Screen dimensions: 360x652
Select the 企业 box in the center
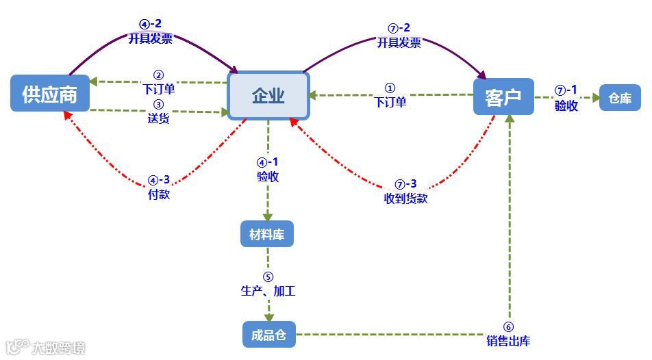click(268, 96)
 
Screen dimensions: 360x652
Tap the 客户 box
click(503, 97)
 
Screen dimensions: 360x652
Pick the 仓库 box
click(620, 98)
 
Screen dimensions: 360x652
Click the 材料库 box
click(267, 235)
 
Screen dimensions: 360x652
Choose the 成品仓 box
click(269, 335)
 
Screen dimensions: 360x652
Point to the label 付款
click(159, 194)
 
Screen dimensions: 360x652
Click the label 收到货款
click(405, 198)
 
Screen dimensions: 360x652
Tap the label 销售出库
click(508, 341)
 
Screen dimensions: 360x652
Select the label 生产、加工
click(268, 291)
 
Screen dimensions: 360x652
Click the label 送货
click(158, 118)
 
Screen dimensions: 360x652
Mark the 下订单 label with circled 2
click(159, 88)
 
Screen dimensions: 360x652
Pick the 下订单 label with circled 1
click(390, 102)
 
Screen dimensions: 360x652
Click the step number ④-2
click(151, 25)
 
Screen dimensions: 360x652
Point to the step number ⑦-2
click(399, 28)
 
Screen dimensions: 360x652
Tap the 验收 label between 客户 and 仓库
click(566, 105)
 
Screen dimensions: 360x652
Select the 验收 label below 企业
click(267, 176)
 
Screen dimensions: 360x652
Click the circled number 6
click(508, 327)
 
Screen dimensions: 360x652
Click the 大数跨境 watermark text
click(58, 348)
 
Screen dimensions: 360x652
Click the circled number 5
click(268, 277)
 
